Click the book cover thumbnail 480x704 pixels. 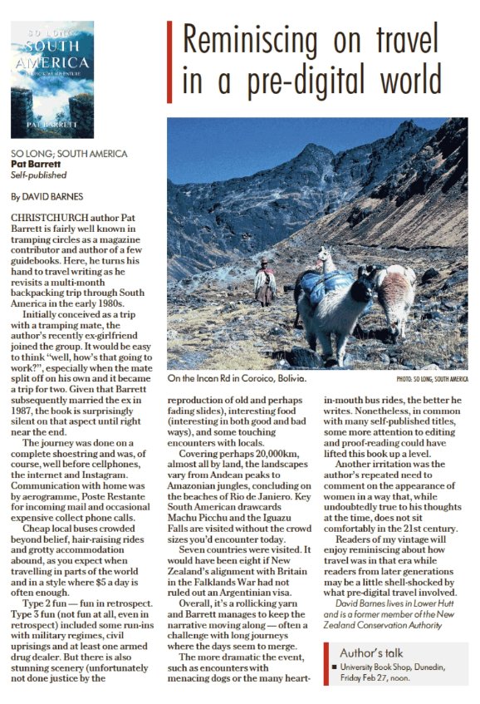pyautogui.click(x=51, y=79)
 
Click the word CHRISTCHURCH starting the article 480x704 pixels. pyautogui.click(x=47, y=216)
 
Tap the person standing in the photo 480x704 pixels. pyautogui.click(x=265, y=283)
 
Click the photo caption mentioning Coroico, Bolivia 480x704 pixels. pyautogui.click(x=237, y=379)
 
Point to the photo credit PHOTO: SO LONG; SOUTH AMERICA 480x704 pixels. pyautogui.click(x=432, y=380)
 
